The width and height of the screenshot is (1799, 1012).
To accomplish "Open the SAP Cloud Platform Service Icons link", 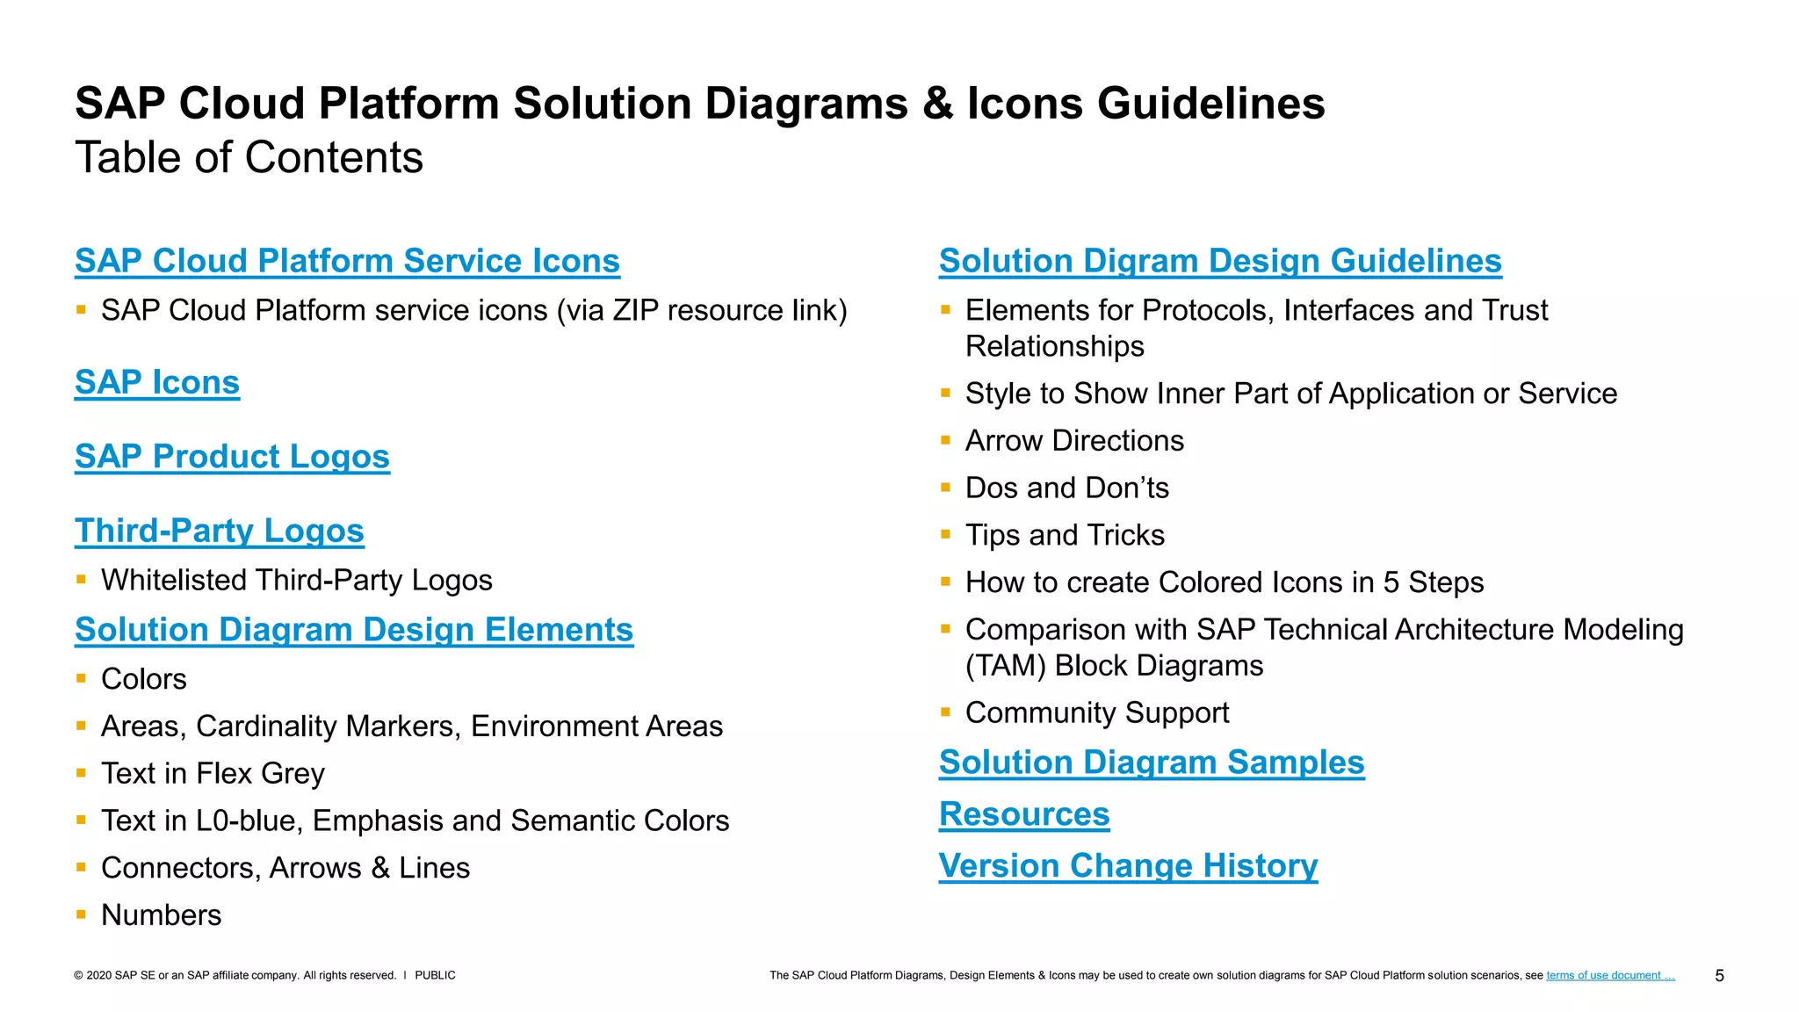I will [347, 261].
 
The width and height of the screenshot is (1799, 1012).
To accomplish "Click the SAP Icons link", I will [157, 382].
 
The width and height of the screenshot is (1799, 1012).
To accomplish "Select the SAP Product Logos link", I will [232, 457].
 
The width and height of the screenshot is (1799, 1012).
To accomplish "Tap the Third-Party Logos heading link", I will [220, 531].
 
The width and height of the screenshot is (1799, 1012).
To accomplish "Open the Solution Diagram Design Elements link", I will [354, 630].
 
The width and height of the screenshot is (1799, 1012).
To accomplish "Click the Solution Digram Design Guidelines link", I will [1220, 261].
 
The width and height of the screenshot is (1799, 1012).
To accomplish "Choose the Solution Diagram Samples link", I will [1152, 763].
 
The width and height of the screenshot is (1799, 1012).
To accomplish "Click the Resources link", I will [1024, 814].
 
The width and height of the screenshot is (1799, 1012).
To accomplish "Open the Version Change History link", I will [1128, 866].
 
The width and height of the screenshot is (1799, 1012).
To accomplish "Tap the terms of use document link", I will [1610, 975].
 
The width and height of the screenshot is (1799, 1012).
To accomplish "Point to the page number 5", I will [1719, 976].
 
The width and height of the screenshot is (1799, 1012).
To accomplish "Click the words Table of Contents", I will [249, 158].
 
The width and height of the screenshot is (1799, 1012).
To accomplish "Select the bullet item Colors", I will [144, 679].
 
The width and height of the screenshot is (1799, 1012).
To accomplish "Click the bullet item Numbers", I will [162, 915].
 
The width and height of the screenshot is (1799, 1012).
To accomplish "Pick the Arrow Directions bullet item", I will [1074, 441].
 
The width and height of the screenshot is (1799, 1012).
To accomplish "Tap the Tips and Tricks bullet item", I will [1065, 535].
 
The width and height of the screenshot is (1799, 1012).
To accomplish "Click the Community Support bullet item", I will [1097, 712].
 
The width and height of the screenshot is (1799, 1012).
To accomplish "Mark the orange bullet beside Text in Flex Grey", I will [81, 773].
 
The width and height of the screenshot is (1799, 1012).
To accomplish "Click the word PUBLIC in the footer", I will [435, 975].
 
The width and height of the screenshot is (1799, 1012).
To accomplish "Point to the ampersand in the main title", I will [937, 104].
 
